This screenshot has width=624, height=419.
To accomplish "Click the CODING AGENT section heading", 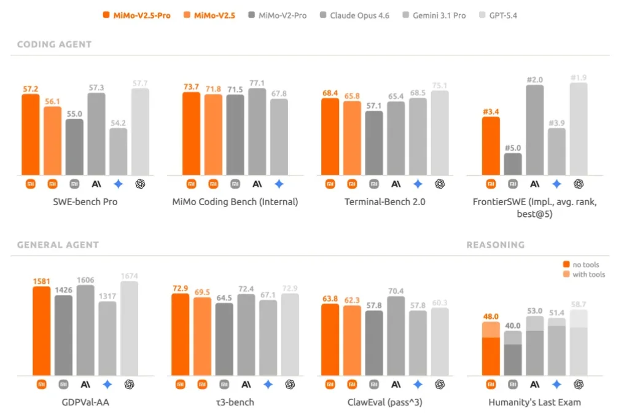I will tap(54, 44).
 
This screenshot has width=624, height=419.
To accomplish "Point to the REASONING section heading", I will tap(496, 245).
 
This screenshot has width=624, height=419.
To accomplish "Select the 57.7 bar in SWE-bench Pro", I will tap(140, 131).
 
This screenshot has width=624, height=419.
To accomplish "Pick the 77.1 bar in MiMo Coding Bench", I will tap(257, 131).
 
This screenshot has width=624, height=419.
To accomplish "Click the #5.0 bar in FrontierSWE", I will tap(513, 164).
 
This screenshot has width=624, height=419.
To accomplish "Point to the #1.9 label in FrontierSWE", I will tap(579, 77).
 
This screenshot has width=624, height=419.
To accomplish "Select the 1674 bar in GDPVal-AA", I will tap(130, 328).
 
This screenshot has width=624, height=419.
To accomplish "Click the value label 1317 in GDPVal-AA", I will tap(107, 296).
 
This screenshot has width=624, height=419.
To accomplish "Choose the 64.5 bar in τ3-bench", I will tap(224, 339).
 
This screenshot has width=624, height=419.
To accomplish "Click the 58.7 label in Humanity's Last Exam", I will tap(579, 304).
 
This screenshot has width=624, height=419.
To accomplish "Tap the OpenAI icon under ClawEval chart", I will tap(440, 384).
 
